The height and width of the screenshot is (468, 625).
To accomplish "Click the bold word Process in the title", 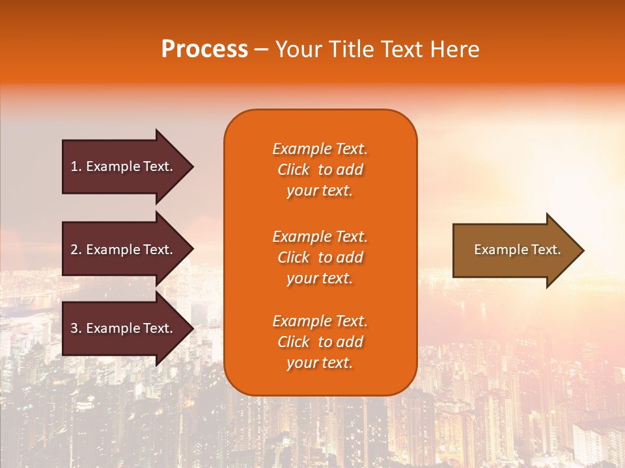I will [204, 49].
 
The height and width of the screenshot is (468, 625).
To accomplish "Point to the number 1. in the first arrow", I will [76, 166].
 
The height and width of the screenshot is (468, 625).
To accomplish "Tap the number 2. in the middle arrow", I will [76, 250].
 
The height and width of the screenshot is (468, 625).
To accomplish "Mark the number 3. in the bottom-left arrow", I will [76, 328].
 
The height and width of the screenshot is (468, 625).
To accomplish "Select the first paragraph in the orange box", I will [320, 170].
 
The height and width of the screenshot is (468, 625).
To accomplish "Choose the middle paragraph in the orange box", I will [320, 257].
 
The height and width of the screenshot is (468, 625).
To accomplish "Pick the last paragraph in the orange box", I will [320, 342].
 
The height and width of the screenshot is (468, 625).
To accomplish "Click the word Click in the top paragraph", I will [294, 170].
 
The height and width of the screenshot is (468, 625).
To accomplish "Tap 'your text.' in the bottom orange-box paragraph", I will [320, 363].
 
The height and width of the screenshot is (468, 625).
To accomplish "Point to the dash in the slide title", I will [262, 49].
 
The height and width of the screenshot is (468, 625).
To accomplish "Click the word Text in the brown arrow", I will [547, 250].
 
